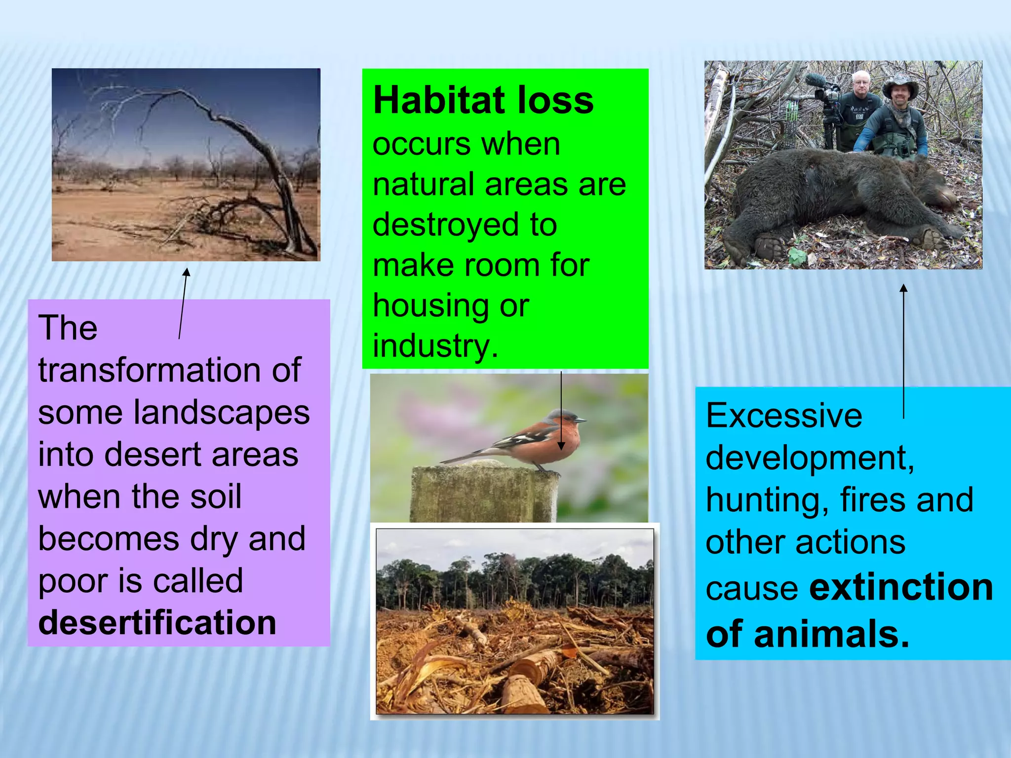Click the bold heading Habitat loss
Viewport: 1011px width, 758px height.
pos(483,101)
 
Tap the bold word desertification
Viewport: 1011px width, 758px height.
pos(157,622)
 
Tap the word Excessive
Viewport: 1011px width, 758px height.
pos(784,416)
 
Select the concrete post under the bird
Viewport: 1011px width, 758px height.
pos(484,493)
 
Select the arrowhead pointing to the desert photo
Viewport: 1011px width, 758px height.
pos(186,272)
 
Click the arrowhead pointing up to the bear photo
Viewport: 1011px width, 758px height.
pos(903,288)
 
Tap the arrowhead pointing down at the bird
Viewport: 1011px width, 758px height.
pos(561,446)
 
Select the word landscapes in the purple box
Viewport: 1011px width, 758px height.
pos(222,413)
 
